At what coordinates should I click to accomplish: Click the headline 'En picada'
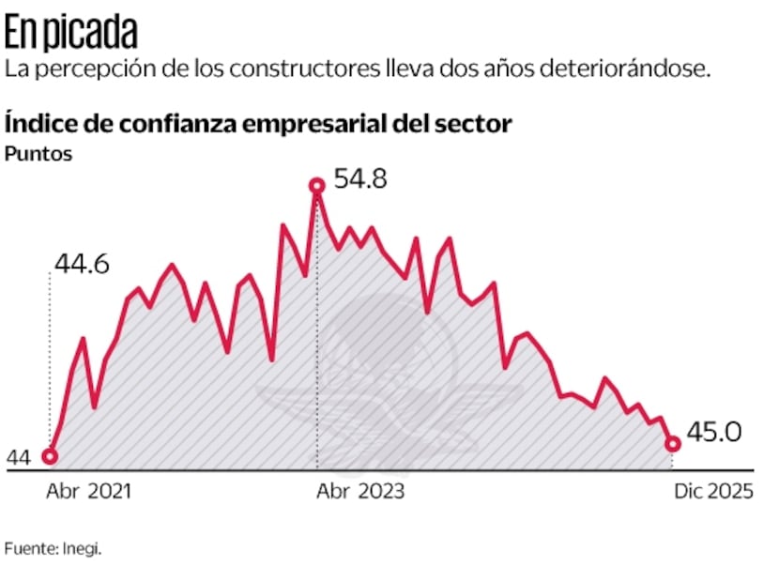click(x=71, y=34)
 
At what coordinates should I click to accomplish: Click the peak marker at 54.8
click(x=317, y=187)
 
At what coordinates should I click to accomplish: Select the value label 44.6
click(x=82, y=265)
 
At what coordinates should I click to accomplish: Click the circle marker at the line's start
click(x=50, y=457)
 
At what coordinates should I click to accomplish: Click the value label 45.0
click(x=714, y=433)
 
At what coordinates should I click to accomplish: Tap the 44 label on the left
click(x=19, y=458)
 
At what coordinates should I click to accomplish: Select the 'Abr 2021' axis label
click(x=89, y=491)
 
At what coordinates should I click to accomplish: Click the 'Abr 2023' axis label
click(x=360, y=491)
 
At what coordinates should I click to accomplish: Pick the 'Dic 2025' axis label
click(x=713, y=491)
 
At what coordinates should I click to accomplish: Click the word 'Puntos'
click(x=38, y=154)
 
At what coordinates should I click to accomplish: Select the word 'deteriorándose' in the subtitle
click(x=621, y=69)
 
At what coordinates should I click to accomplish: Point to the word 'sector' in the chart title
click(x=477, y=124)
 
